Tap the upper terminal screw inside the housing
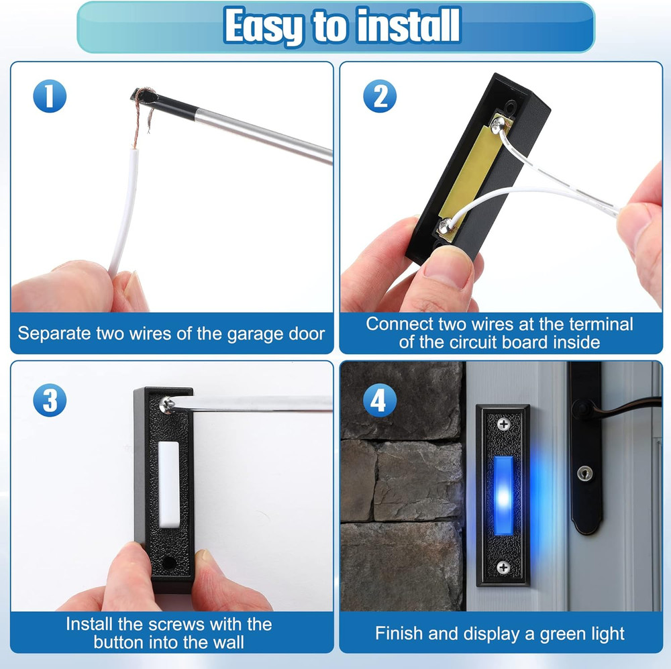point(497,125)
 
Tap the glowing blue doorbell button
point(503,495)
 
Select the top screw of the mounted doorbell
point(503,424)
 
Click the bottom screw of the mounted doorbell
point(503,567)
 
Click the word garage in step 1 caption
point(233,333)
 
